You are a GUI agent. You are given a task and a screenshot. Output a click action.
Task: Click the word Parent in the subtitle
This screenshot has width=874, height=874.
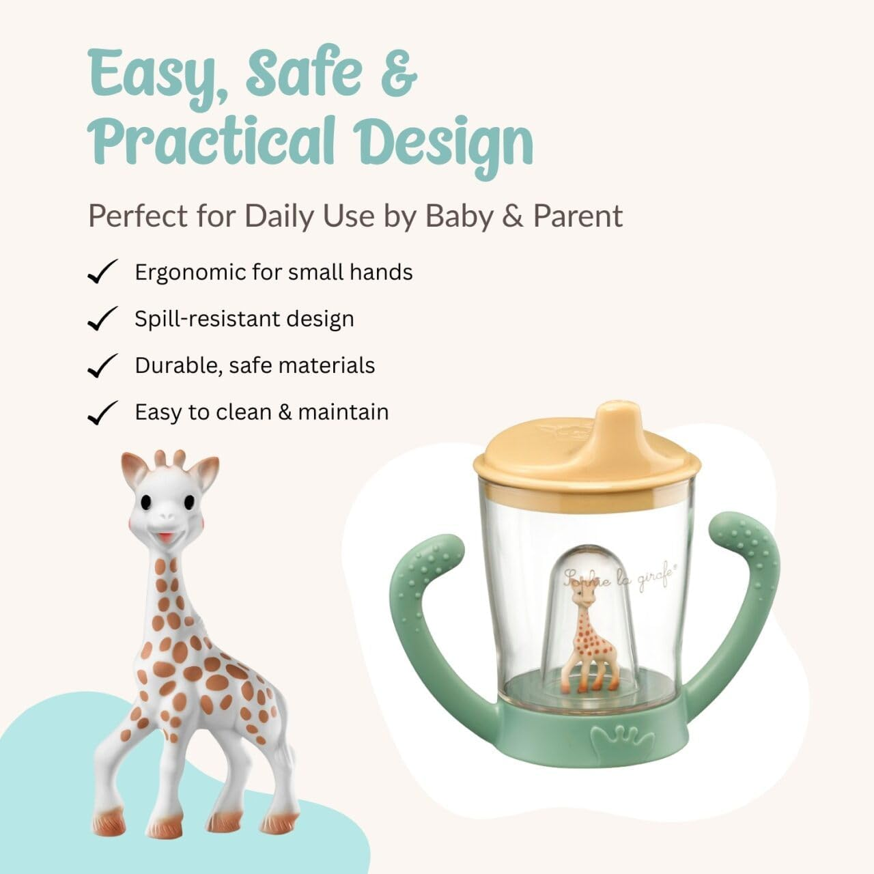pos(578,216)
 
